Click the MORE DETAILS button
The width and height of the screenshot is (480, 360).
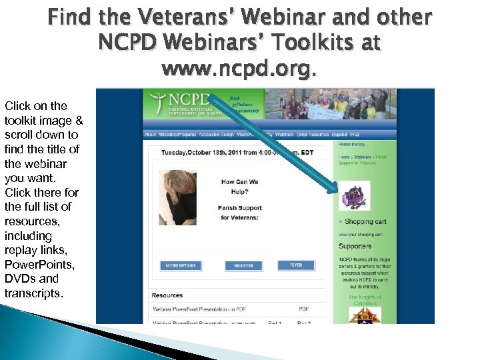(182, 265)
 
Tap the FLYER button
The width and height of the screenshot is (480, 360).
(295, 265)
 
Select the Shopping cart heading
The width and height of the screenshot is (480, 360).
(365, 221)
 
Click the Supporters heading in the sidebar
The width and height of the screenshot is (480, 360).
(355, 246)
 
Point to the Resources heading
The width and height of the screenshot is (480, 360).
(167, 295)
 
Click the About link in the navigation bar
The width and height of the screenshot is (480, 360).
(151, 134)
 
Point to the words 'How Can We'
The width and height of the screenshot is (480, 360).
(239, 181)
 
